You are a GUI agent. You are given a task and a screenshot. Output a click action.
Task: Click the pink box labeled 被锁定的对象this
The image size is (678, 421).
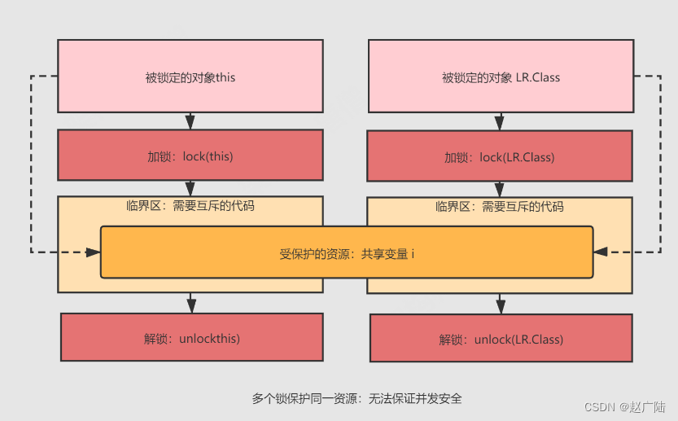tap(190, 77)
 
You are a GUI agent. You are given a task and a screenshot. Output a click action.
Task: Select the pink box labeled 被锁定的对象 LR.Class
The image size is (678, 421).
tap(500, 77)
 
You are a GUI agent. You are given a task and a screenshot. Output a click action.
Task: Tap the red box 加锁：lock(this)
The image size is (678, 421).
tap(190, 155)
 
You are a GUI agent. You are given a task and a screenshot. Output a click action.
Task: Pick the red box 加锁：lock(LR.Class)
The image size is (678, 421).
tap(500, 156)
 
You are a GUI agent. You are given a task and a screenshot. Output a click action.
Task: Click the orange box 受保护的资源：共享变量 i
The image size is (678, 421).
tap(347, 253)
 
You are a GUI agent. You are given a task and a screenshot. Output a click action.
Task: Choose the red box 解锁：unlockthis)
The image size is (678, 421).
tap(191, 337)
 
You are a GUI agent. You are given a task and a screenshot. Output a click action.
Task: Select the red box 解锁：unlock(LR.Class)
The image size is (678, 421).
tap(501, 339)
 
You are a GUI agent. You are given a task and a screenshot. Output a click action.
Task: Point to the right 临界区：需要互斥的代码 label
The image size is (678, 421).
tap(500, 207)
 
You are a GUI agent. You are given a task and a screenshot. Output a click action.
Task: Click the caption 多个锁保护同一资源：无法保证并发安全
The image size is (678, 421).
tap(356, 398)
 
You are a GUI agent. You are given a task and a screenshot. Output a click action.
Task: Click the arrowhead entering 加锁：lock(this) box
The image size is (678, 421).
tap(190, 123)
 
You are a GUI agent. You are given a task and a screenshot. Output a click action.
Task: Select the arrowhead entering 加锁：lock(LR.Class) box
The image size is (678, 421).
tap(500, 124)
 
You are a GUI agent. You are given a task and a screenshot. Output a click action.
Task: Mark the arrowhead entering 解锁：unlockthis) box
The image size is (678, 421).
tap(191, 305)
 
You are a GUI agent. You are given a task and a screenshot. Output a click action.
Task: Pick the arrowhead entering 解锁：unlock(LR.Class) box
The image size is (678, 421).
tap(501, 307)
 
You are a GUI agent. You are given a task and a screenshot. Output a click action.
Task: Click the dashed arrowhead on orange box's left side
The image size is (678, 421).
tap(93, 252)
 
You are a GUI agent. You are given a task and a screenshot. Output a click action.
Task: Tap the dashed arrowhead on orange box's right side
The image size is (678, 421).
tap(601, 252)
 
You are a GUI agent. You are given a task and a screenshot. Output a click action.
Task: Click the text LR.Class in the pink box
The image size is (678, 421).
tap(538, 78)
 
